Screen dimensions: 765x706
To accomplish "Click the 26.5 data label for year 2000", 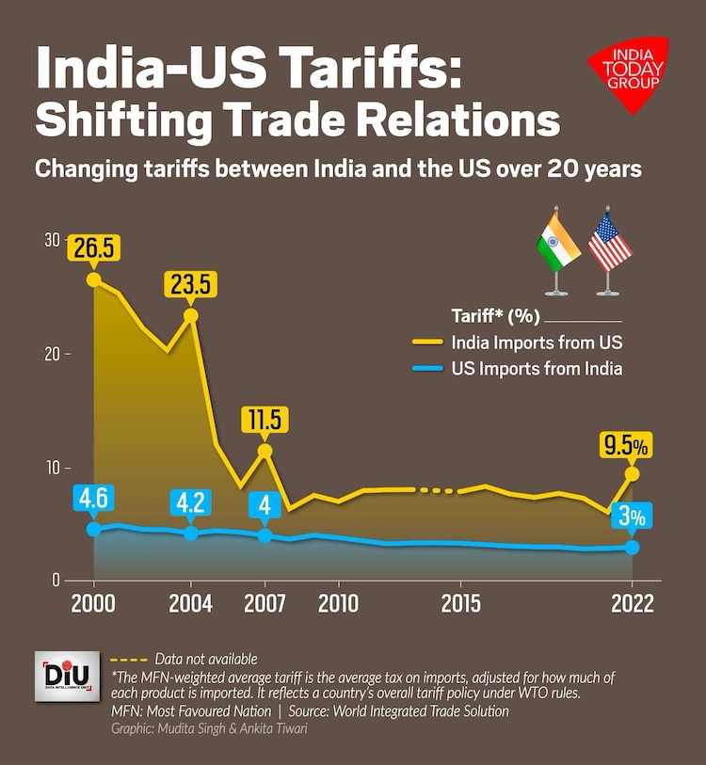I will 93,247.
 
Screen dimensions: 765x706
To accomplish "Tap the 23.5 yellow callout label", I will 191,283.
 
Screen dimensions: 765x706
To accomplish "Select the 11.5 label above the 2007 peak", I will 265,419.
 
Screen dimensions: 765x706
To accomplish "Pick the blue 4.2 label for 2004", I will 191,502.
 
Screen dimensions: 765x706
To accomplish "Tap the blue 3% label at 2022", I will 633,517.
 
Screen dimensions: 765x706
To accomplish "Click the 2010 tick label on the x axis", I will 339,603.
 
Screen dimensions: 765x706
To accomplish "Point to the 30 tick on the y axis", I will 52,240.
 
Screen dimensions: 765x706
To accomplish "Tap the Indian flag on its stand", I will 557,249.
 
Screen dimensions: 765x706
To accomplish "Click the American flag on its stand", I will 609,249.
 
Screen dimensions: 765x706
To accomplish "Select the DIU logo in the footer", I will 66,676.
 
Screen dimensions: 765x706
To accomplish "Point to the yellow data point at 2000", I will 93,279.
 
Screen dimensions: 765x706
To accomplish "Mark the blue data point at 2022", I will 633,547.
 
